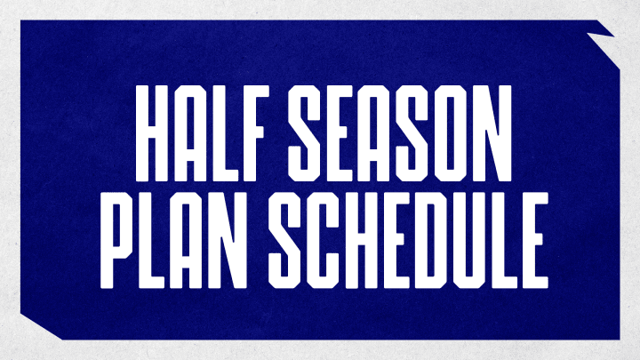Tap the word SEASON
point(400,133)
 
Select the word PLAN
point(173,240)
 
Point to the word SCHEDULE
point(408,240)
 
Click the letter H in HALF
point(151,133)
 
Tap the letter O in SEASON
point(450,133)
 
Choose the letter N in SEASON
point(494,133)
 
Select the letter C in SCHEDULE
point(323,240)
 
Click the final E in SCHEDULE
point(533,240)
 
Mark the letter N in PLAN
point(230,240)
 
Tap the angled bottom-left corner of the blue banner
point(42,326)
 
